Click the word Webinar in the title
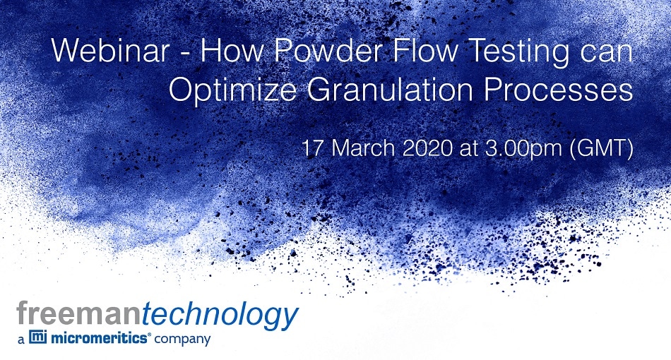111,50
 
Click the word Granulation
389,90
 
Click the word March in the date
363,148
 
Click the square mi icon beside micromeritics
37,337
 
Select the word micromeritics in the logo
100,338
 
